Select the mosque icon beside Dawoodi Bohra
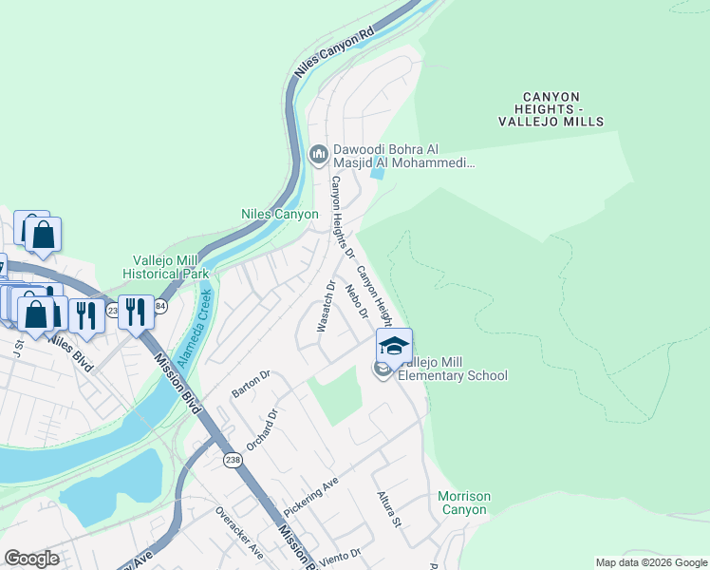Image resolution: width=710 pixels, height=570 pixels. click(318, 152)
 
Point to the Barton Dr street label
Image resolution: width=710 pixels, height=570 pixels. click(251, 384)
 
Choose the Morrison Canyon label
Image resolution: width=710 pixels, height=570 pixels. click(464, 503)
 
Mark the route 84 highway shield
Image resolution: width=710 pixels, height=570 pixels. click(159, 307)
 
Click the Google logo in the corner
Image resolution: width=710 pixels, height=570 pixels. click(31, 559)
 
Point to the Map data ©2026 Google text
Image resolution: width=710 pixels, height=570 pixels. click(650, 562)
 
